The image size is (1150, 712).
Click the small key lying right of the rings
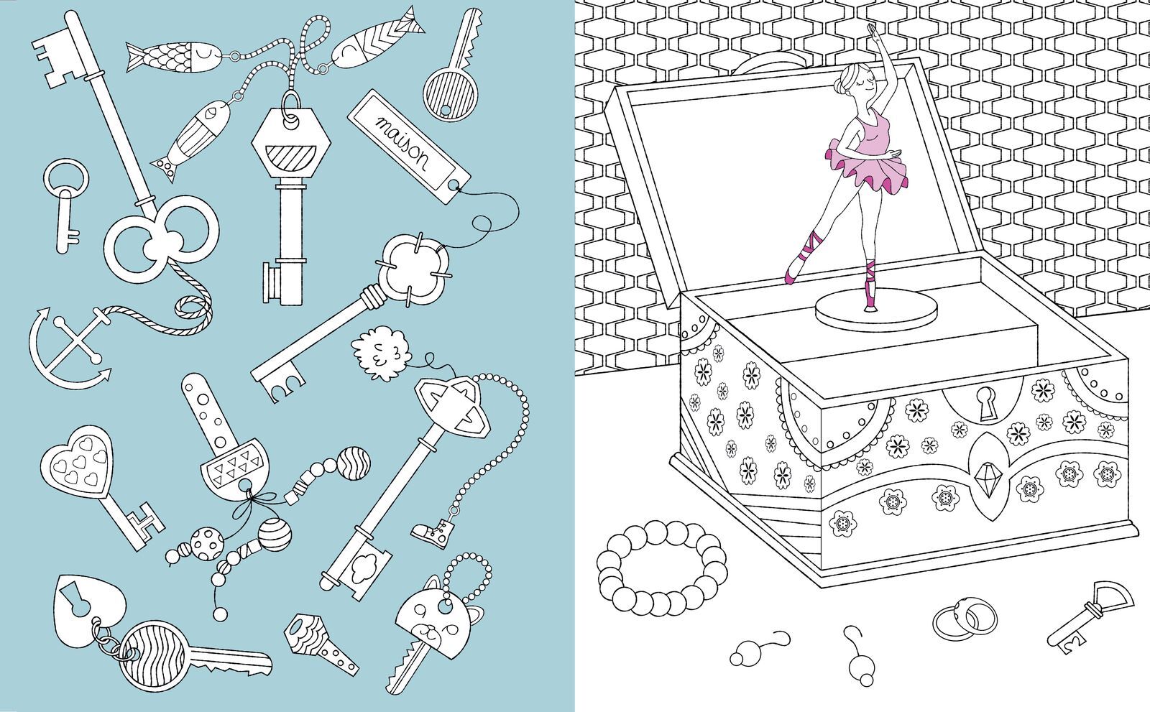pyautogui.click(x=1090, y=618)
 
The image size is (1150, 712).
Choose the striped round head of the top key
pyautogui.click(x=450, y=94)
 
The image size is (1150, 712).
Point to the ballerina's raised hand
pyautogui.click(x=871, y=32)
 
